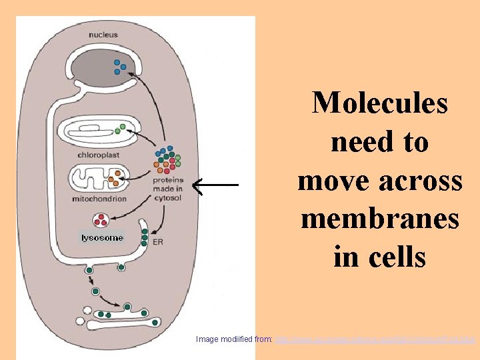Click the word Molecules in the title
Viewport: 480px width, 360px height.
click(x=380, y=103)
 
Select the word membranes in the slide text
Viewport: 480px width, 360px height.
click(x=380, y=219)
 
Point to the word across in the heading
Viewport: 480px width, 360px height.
click(x=421, y=180)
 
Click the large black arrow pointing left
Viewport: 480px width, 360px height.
click(x=215, y=183)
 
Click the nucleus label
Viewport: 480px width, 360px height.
click(x=105, y=35)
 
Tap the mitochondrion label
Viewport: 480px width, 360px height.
click(x=99, y=199)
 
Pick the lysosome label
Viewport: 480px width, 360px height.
click(x=102, y=238)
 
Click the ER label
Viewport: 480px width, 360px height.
click(x=158, y=242)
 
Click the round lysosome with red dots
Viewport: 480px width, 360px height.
click(x=102, y=219)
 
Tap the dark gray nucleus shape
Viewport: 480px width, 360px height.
click(x=100, y=67)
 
